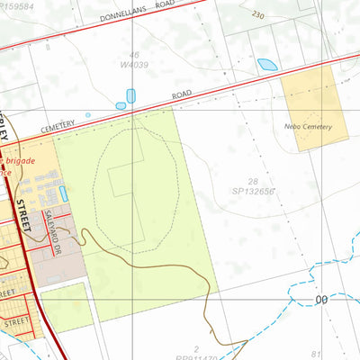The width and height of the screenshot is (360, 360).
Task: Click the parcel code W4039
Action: [x=133, y=64]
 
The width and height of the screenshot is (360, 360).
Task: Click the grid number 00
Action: [x=321, y=300]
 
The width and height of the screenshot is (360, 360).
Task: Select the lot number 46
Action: [x=134, y=55]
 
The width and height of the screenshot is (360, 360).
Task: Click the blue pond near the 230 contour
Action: [x=267, y=65]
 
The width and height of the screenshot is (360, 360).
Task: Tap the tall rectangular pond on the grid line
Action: [x=130, y=95]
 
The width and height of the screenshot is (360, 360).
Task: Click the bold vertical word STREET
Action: [x=22, y=217]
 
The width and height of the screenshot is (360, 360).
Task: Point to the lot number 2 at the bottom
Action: [x=197, y=347]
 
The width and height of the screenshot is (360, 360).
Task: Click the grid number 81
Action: [x=340, y=354]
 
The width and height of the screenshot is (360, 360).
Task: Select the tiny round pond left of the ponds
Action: [x=88, y=115]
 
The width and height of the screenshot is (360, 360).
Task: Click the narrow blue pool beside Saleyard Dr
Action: [x=64, y=193]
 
